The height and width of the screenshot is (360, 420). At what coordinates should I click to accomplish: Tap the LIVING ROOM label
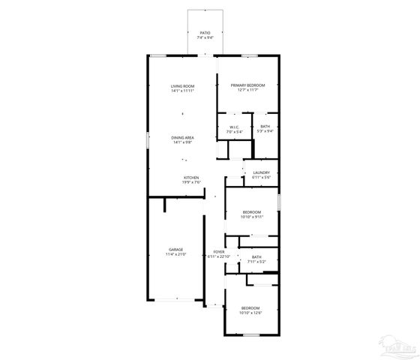point(183,87)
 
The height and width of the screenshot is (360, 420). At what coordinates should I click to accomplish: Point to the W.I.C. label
point(234,127)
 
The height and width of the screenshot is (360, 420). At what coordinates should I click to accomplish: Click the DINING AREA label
point(184,138)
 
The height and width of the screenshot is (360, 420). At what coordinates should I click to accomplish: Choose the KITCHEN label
point(191,177)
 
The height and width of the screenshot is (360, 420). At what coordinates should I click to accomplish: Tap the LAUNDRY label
point(261,173)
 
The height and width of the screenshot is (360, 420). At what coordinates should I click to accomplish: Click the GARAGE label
point(175,250)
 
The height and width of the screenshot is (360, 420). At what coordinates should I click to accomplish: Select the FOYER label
point(218,252)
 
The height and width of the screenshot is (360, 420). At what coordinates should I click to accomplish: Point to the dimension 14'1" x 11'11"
point(183,91)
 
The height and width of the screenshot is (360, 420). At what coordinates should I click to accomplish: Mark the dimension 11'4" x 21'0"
point(175,255)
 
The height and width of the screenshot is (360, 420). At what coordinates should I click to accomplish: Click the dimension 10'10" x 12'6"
point(250,313)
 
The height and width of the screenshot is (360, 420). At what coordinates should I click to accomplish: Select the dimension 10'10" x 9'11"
point(252,217)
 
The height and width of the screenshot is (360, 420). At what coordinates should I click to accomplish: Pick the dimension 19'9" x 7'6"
point(191,182)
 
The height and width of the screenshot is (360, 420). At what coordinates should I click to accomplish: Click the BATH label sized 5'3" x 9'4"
point(265,127)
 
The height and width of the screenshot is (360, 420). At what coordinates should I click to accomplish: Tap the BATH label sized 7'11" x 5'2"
point(256,257)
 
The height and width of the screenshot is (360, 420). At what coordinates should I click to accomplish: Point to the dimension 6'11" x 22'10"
point(218,257)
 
